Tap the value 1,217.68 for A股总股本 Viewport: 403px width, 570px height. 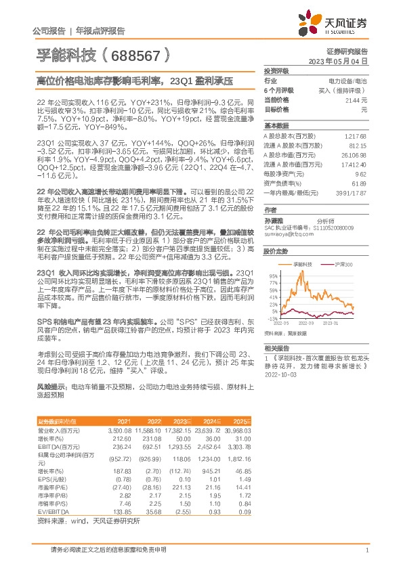(x=355, y=136)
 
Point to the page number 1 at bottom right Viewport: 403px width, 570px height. (x=366, y=552)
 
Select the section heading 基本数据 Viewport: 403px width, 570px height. (x=275, y=126)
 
